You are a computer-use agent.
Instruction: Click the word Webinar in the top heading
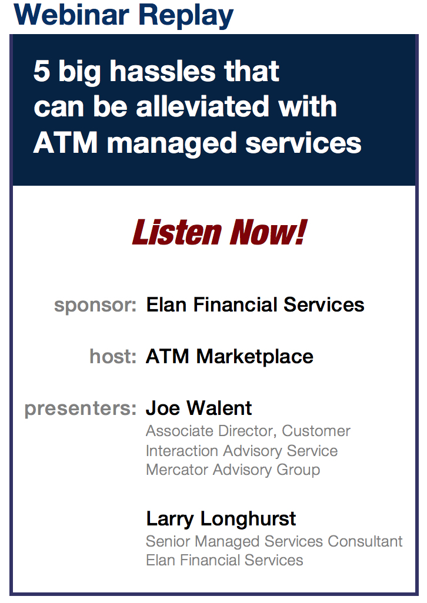point(72,15)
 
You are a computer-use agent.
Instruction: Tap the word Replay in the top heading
point(186,16)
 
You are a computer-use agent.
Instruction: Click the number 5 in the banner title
point(42,71)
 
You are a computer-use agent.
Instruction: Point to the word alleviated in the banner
point(203,106)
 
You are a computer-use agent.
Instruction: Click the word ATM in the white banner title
point(65,143)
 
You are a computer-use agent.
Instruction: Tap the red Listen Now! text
point(219,232)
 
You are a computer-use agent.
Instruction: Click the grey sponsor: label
point(95,306)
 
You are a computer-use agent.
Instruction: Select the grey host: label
point(113,356)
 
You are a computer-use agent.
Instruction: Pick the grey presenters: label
point(81,409)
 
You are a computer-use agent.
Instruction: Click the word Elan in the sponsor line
point(166,305)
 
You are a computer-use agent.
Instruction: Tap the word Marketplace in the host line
point(255,357)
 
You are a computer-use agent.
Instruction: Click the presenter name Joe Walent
point(199,408)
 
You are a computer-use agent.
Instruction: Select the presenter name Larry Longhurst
point(221,520)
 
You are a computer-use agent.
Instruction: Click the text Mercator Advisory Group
point(233,470)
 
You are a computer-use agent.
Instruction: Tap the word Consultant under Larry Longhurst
point(365,541)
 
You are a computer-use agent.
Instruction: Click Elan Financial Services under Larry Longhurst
point(225,560)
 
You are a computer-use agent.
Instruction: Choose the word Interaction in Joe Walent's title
point(182,451)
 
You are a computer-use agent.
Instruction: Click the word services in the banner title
point(303,143)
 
